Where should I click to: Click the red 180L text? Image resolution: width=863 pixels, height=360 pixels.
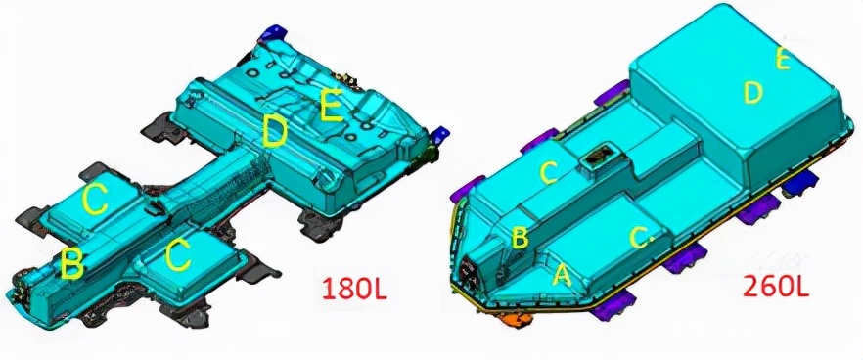354,289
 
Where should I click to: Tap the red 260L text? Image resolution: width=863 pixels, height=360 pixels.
776,286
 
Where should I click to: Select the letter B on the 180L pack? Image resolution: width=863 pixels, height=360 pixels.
72,263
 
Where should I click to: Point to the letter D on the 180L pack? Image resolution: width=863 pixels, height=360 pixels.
274,132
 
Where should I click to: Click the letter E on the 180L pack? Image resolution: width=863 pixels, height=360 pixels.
332,106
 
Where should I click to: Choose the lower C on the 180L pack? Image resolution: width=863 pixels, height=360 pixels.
178,255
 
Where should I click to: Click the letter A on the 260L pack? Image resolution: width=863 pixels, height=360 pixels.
562,274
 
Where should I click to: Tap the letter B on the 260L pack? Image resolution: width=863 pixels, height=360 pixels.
521,237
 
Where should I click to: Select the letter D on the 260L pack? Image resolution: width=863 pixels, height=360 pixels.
753,93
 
